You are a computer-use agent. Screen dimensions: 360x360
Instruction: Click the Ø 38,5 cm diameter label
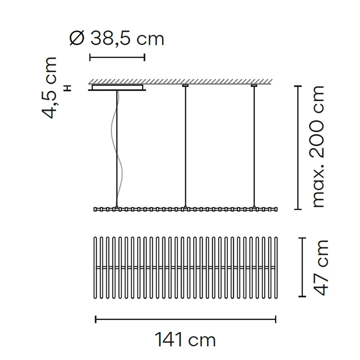tap(117, 38)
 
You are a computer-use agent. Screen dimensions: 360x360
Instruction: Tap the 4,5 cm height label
tap(49, 88)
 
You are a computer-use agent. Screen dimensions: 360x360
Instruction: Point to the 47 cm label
tap(321, 268)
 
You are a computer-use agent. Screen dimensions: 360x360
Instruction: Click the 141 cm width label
tap(185, 339)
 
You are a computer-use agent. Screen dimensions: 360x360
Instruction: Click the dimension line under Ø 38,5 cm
tap(117, 57)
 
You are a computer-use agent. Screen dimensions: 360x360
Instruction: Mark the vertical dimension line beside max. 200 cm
tap(298, 147)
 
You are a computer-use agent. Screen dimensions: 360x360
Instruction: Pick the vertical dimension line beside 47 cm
tap(302, 267)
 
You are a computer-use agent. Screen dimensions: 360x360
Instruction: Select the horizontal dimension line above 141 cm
tap(186, 319)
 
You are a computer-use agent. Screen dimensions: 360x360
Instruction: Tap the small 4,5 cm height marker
tap(68, 88)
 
